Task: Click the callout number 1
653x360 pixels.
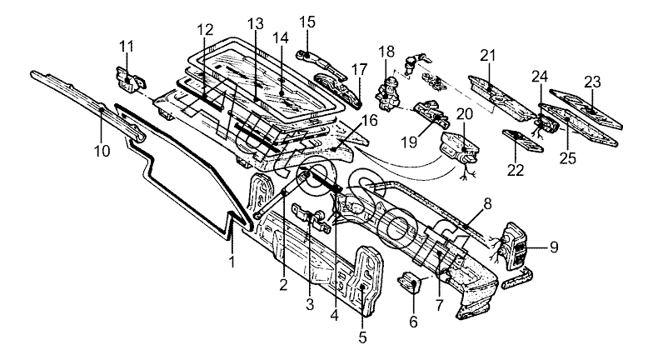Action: point(232,262)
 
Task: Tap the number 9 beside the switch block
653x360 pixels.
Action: point(554,247)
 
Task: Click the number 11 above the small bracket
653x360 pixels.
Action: point(127,44)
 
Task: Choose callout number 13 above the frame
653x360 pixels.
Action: point(256,22)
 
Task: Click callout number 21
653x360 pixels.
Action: point(487,56)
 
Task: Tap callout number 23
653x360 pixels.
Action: point(592,82)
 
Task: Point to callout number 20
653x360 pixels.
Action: point(465,113)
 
